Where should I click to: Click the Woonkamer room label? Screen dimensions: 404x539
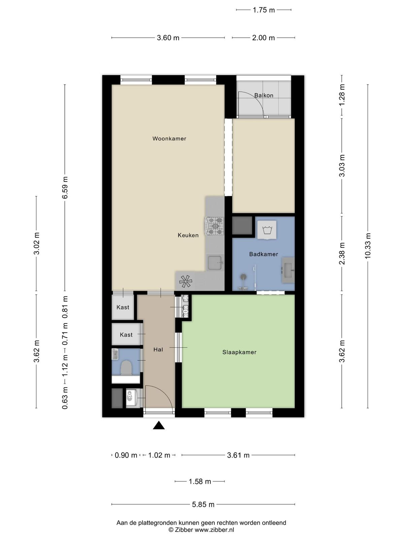(169, 138)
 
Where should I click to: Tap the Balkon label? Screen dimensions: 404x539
(264, 95)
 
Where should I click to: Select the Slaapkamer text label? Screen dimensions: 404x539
(239, 352)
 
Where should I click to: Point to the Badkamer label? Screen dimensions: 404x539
(264, 254)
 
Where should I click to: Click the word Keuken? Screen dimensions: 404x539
(188, 235)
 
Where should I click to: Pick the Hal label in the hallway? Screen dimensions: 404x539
(158, 349)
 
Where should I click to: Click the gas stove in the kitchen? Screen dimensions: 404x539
(215, 226)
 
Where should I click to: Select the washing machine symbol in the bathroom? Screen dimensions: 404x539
(267, 230)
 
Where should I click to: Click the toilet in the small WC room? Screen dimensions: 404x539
(127, 368)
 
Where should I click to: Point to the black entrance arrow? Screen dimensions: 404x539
(159, 425)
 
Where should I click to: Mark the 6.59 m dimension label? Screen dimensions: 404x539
(65, 188)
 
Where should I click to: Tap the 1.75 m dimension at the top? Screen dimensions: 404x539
(264, 10)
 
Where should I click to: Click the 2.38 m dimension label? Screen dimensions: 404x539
(342, 253)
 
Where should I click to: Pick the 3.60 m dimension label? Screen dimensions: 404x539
(168, 38)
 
